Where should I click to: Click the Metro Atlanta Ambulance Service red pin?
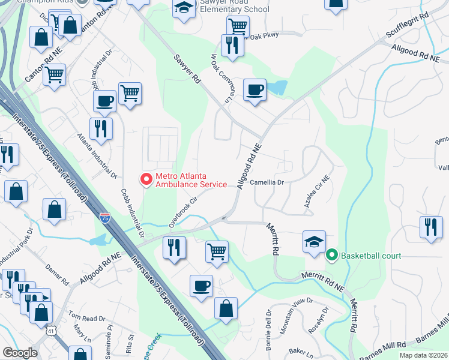(x=145, y=179)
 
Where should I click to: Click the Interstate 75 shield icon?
(x=105, y=216)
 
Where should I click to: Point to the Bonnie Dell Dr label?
(x=269, y=329)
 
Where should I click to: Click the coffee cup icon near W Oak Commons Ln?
(x=255, y=90)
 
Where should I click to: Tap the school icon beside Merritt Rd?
(x=314, y=242)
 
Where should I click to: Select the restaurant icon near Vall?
(x=431, y=227)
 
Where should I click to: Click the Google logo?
(x=20, y=353)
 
